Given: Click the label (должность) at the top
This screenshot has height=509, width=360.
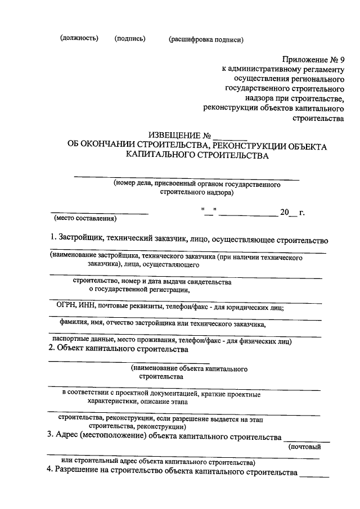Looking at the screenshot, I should point(79,38).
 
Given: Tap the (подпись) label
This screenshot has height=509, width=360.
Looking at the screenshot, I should point(130,38).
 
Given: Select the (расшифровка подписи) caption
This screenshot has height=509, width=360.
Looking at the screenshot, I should point(205,39).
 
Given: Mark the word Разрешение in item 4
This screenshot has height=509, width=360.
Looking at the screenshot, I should point(79,472).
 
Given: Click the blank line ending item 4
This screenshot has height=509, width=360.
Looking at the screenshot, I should point(314,475).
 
